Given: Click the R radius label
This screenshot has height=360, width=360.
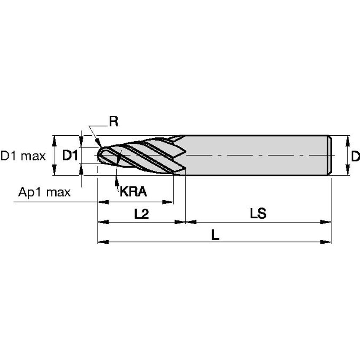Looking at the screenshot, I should [x=113, y=121].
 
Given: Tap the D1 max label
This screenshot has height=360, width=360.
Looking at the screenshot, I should [x=23, y=156].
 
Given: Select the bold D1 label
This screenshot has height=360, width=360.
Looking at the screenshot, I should [x=70, y=156].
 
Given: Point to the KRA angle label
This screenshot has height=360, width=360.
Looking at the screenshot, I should [x=133, y=192].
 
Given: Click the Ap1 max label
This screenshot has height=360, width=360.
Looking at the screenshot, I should [x=44, y=193].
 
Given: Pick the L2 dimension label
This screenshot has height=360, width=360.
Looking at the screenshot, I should [x=142, y=214].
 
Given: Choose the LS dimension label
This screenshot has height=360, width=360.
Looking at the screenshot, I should [x=258, y=214].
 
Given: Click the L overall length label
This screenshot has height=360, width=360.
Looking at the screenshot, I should [x=215, y=236].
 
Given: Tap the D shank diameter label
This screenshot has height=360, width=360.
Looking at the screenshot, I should [x=355, y=156].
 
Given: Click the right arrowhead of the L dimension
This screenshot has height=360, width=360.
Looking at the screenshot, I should [x=326, y=242].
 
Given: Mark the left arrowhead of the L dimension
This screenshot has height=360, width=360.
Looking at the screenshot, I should [x=102, y=242].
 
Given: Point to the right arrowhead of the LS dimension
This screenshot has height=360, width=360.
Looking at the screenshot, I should [x=326, y=222].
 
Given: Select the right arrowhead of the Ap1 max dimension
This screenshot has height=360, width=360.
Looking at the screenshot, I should [x=169, y=202].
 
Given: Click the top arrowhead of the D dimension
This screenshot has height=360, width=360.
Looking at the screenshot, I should [x=347, y=140].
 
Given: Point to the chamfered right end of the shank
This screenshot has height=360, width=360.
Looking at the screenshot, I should [x=330, y=155].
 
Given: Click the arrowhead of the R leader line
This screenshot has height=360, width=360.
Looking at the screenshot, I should [x=99, y=145].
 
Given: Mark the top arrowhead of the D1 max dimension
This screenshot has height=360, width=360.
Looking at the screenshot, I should [x=54, y=140].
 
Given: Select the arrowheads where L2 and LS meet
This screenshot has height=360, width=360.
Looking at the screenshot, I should [x=185, y=222].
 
